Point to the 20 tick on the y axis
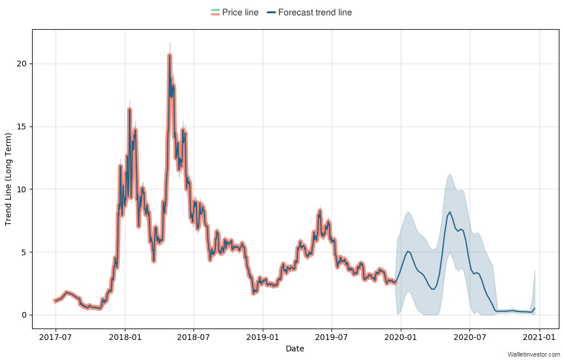tap(22, 64)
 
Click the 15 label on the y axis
tap(22, 126)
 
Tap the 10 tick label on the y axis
tap(22, 189)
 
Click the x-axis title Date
tap(295, 349)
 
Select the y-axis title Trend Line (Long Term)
tap(9, 179)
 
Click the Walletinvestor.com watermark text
tap(534, 355)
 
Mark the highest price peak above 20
tap(169, 56)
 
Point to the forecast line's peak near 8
tap(450, 212)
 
